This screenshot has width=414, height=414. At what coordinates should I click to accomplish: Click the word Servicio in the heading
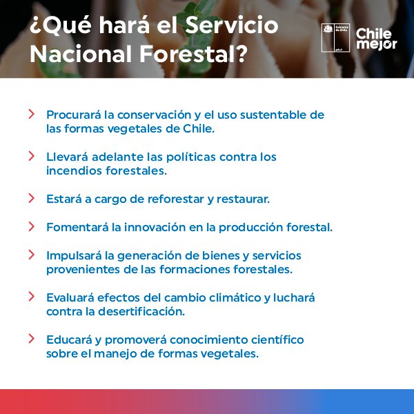click(232, 26)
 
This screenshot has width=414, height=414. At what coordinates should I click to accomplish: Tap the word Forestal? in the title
click(194, 54)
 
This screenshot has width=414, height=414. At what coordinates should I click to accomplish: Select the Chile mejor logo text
click(376, 39)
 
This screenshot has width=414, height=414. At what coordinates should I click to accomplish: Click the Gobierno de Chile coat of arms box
click(335, 38)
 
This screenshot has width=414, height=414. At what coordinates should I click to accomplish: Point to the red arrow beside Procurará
click(32, 114)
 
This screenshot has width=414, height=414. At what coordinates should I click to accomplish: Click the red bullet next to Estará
click(32, 198)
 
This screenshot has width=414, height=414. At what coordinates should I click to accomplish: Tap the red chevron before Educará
click(32, 339)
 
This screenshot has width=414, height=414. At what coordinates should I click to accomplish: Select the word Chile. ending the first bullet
click(199, 129)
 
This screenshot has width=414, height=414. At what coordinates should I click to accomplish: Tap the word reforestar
click(175, 199)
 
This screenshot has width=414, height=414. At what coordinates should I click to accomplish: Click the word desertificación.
click(141, 312)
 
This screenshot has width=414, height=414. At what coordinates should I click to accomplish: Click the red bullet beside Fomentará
click(32, 226)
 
